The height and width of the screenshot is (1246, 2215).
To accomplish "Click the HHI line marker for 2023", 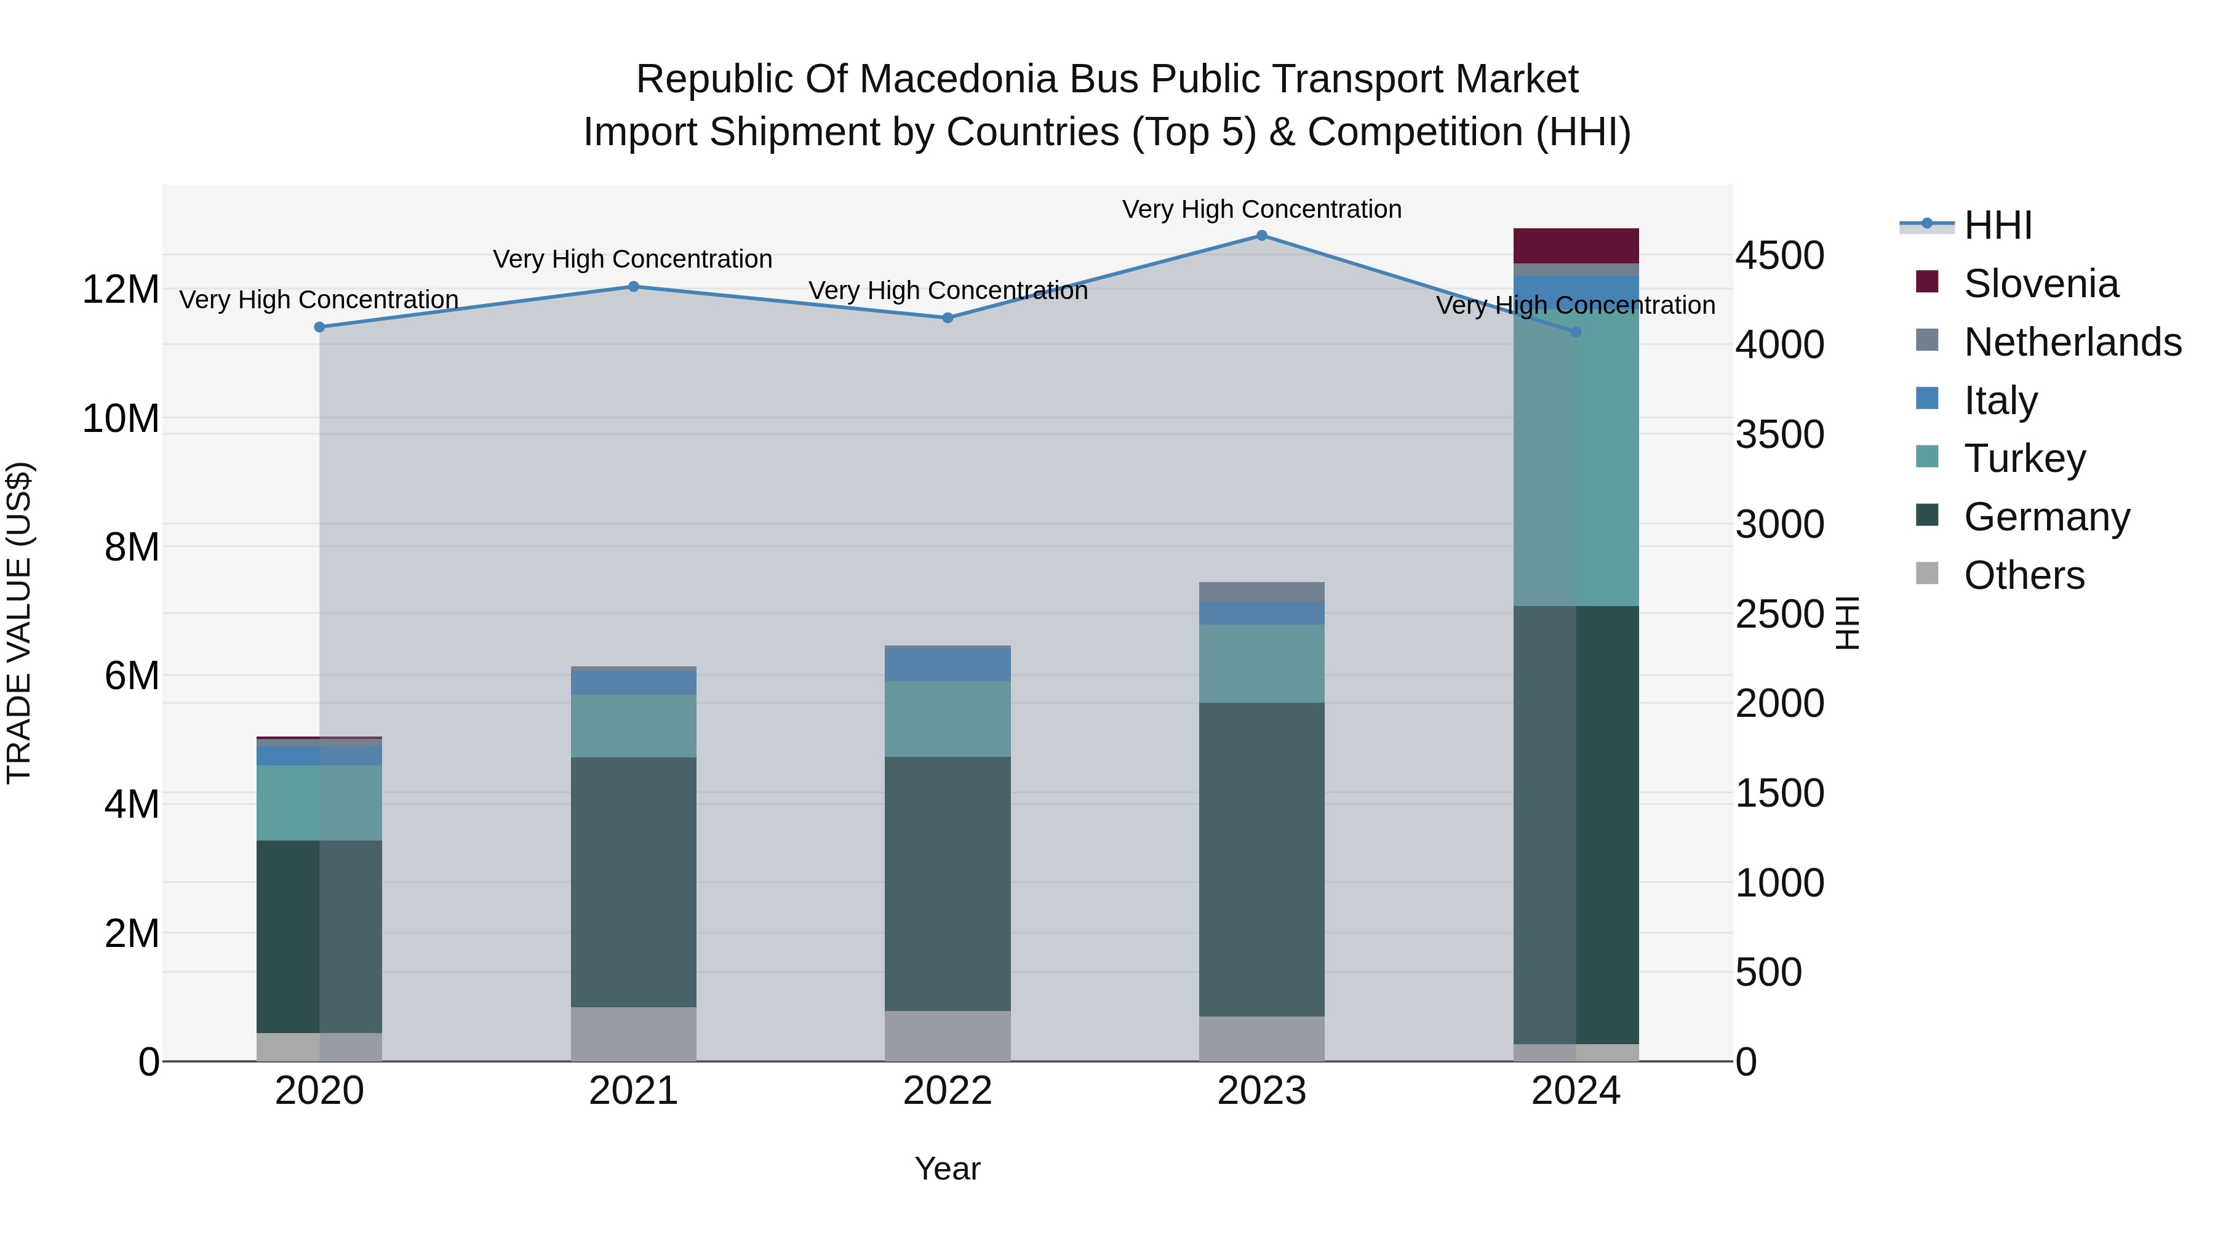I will [1261, 235].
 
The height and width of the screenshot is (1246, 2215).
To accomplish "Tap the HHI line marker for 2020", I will [319, 327].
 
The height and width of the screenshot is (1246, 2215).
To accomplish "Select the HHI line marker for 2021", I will [633, 286].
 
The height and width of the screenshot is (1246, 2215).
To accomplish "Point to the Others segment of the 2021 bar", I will [633, 1034].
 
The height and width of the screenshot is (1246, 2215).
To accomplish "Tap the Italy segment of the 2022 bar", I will [948, 665].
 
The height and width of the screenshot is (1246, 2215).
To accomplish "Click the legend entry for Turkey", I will [2024, 458].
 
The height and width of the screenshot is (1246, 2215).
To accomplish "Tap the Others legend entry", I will [2023, 575].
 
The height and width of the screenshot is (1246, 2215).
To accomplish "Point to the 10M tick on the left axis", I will [121, 419].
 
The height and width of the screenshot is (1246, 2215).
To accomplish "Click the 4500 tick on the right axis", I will [1779, 255].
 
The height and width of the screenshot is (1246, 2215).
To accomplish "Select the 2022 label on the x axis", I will [948, 1091].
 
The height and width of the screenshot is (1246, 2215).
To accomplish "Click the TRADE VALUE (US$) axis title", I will [19, 623].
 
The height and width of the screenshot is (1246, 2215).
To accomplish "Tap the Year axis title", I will [948, 1168].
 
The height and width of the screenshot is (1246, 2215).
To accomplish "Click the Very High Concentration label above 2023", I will [1261, 209].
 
